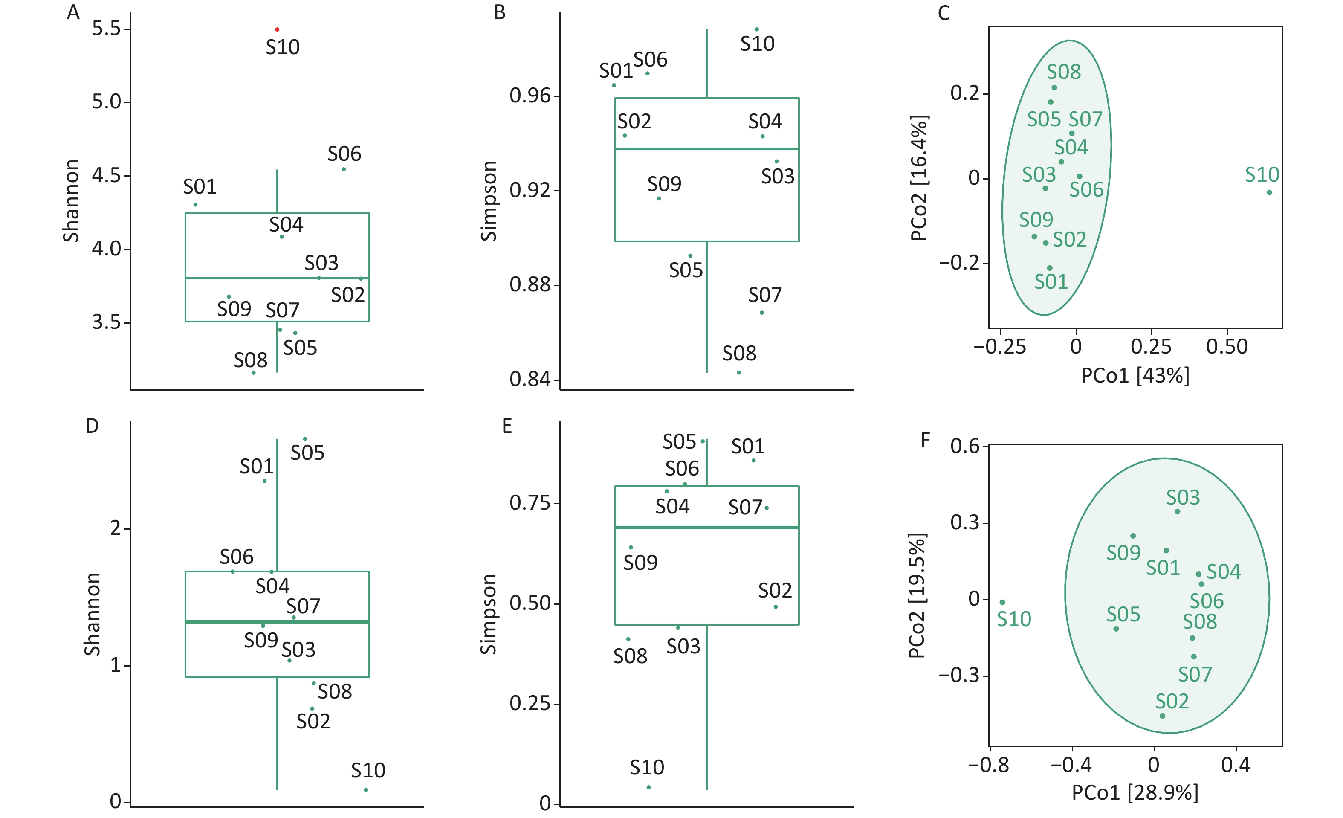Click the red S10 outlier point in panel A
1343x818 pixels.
277,29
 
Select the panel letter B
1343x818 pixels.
500,12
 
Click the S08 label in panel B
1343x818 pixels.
739,354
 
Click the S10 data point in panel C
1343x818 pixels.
1269,192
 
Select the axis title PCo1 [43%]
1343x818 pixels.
1135,376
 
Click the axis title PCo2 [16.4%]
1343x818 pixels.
919,178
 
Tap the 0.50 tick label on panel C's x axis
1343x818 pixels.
1227,347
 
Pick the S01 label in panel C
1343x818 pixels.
1051,282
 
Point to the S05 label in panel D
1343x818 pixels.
307,453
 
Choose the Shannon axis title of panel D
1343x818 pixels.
92,614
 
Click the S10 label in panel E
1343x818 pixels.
647,768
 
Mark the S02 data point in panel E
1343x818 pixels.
776,607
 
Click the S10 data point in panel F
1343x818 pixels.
1002,603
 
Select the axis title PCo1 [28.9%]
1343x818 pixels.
1135,793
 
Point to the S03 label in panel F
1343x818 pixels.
1183,497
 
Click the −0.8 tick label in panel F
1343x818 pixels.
989,765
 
